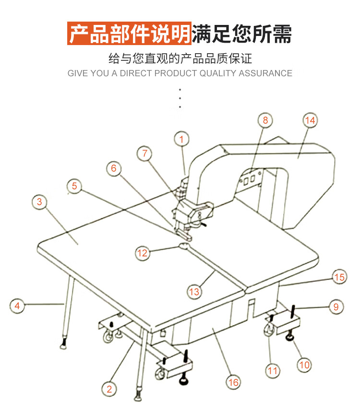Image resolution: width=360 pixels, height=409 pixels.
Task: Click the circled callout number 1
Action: click(x=181, y=140)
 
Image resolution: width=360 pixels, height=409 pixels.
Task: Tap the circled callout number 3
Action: click(x=39, y=202)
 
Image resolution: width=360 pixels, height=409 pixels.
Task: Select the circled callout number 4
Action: click(x=17, y=305)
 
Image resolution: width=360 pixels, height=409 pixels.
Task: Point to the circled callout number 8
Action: click(x=265, y=120)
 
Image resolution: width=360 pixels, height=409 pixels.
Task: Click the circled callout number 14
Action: click(x=311, y=120)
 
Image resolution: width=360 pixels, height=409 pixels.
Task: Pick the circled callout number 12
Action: click(x=143, y=253)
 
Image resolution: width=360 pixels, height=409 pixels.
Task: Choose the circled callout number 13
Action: click(x=194, y=291)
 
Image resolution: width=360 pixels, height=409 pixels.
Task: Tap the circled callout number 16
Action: click(x=233, y=382)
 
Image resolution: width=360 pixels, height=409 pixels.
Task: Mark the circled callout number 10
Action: click(x=304, y=365)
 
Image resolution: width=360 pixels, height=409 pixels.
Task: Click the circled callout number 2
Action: click(x=109, y=388)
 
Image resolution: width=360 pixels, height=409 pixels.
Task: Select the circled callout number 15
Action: click(x=339, y=277)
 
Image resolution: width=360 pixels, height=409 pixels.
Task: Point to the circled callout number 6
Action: click(x=114, y=168)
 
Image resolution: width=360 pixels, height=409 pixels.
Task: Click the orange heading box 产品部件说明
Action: click(x=130, y=34)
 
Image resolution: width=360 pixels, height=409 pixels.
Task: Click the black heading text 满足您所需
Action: click(x=241, y=34)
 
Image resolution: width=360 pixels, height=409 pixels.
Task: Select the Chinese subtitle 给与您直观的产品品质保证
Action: click(x=180, y=59)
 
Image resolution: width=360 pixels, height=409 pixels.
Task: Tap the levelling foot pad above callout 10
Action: click(x=290, y=339)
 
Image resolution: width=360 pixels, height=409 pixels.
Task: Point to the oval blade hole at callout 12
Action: click(x=185, y=246)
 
